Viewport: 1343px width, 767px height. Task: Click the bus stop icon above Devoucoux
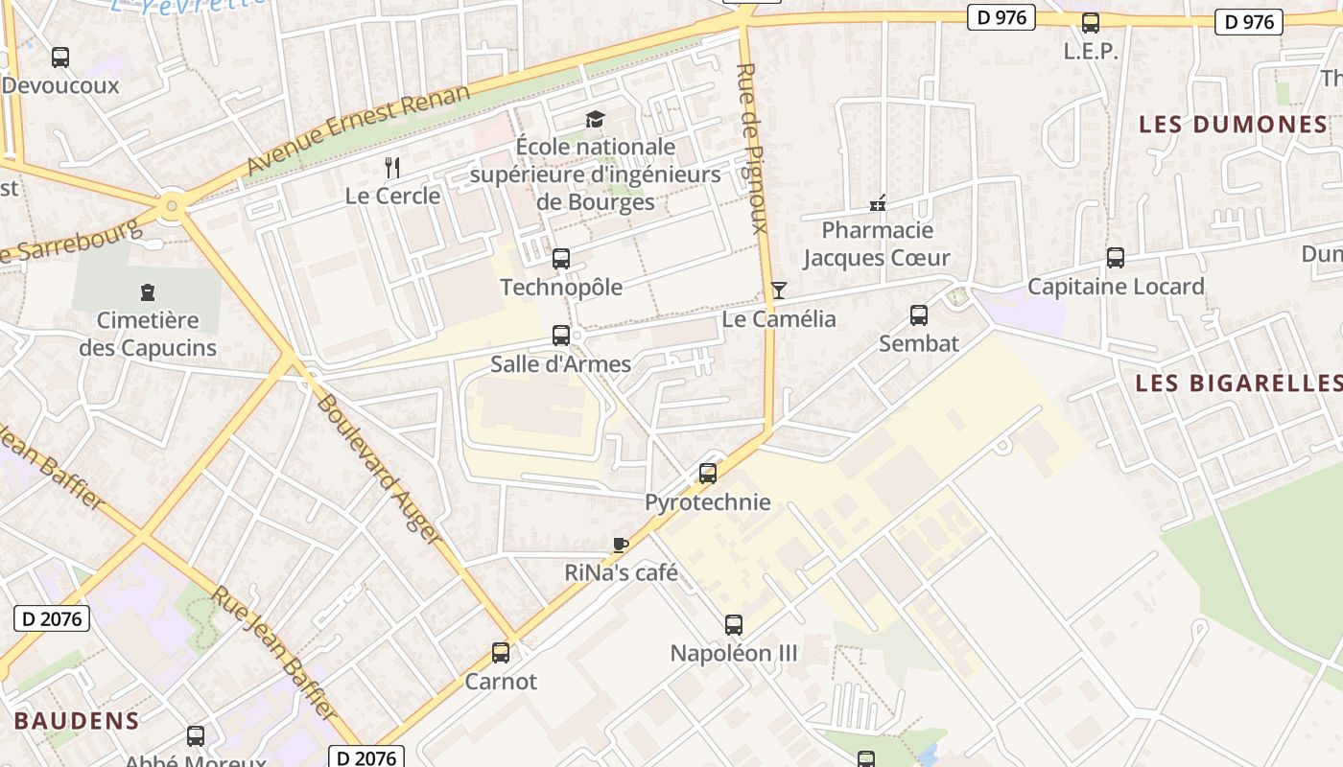coord(60,58)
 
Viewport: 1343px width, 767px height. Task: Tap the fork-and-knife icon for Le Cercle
coord(391,168)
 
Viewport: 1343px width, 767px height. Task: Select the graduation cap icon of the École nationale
coord(595,120)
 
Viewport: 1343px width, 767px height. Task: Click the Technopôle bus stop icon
coord(561,259)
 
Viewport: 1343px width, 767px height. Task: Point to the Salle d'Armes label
coord(560,364)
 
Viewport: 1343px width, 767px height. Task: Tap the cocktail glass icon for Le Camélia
coord(779,291)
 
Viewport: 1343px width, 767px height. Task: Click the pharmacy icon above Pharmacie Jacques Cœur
coord(877,203)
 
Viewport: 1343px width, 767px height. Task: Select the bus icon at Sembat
coord(918,314)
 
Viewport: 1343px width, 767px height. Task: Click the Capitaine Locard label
coord(1116,287)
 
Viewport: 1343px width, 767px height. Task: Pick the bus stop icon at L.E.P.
coord(1091,23)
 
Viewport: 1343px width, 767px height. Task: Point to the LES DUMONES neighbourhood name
coord(1233,124)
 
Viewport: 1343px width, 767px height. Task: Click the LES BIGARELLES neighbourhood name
coord(1238,383)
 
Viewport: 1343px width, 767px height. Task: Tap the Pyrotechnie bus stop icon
coord(708,473)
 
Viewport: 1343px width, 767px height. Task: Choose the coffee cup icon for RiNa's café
coord(621,545)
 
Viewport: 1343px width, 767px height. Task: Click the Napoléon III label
coord(734,654)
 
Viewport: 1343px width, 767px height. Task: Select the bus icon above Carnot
coord(501,653)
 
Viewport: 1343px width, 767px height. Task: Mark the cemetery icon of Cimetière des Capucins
coord(147,291)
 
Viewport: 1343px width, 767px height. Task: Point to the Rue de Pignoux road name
coord(753,149)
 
